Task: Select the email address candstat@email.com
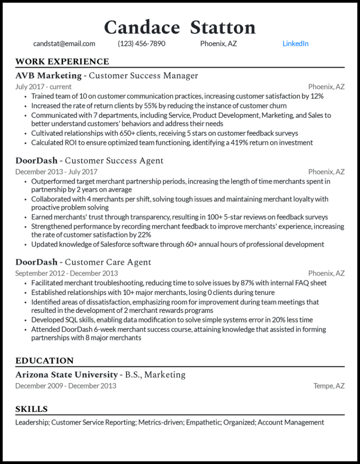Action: [x=64, y=44]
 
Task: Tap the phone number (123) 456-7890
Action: [x=142, y=44]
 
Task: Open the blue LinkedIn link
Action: [x=295, y=44]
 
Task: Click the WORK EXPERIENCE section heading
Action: [x=62, y=62]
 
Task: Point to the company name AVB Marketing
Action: [x=48, y=76]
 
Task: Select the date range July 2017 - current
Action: [x=44, y=87]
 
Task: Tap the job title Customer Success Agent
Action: [x=114, y=161]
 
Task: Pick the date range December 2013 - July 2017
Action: [x=56, y=172]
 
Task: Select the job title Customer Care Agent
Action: [x=108, y=262]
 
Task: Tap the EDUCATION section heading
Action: [x=45, y=361]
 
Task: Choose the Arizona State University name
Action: [x=66, y=375]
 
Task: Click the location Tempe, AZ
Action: [x=329, y=386]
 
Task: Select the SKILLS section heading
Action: [x=31, y=409]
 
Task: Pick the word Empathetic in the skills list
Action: [x=203, y=422]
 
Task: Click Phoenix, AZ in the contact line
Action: [x=218, y=44]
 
